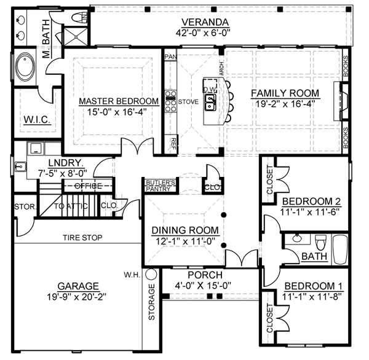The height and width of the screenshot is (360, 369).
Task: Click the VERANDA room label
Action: point(205,22)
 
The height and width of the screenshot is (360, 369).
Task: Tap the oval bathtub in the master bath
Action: point(25,66)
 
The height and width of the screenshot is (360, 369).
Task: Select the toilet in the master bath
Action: point(79,18)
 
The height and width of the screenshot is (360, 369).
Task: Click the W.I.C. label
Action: point(37,120)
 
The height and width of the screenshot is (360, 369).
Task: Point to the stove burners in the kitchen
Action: point(170,101)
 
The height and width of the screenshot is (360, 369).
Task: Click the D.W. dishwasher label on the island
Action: point(210,89)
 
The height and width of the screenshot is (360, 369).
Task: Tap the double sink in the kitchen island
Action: point(210,102)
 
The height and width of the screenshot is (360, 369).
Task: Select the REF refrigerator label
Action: point(173,144)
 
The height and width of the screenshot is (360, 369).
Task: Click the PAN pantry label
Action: point(170,57)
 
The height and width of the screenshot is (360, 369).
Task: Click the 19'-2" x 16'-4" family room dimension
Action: point(285,104)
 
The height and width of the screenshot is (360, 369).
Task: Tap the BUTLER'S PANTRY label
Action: point(161,186)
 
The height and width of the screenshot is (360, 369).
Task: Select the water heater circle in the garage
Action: point(151,274)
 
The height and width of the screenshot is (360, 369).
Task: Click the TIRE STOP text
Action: point(82,238)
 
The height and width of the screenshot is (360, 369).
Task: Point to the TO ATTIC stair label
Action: point(71,206)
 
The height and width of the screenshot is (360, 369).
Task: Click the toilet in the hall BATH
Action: point(321,242)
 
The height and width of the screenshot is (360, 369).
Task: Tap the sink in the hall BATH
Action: point(298,238)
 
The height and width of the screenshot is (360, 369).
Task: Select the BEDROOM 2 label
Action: point(311,202)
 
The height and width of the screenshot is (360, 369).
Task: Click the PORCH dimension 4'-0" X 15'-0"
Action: point(203,286)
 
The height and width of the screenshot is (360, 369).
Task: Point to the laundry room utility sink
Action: point(20,166)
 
